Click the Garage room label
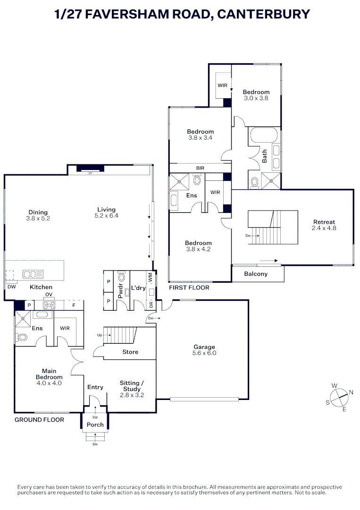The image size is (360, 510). point(204,347)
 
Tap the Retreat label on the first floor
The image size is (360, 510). point(324,222)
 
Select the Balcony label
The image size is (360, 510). point(256,274)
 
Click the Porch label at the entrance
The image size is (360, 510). point(95,425)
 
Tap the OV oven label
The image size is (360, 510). point(49,295)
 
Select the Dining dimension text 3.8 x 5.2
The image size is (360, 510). point(38,219)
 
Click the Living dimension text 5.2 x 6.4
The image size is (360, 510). point(106,216)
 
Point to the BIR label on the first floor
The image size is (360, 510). point(200,168)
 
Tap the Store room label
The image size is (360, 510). point(130,352)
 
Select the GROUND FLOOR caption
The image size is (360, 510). point(39,419)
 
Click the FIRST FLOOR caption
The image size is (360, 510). point(189,287)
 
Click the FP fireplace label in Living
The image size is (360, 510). point(90,173)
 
